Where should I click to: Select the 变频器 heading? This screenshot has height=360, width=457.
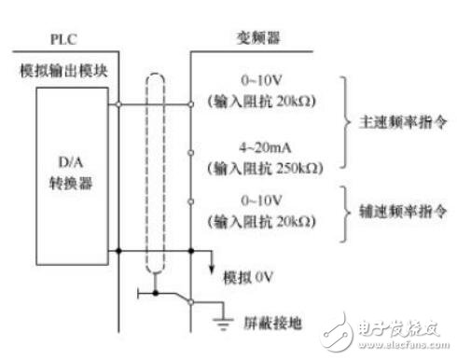coord(254,38)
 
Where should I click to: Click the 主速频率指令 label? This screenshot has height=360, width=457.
coord(396,122)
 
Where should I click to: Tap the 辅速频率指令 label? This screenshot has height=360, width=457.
coord(396,211)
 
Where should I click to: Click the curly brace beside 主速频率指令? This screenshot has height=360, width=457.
coord(346,123)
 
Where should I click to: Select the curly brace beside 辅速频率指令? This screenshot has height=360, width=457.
coord(346,212)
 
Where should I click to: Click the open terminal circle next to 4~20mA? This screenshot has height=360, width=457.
coord(191,151)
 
